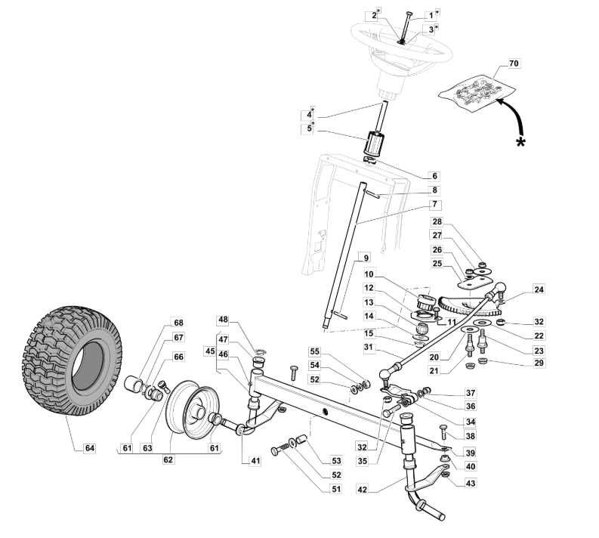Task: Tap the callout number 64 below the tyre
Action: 90,448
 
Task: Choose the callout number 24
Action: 517,289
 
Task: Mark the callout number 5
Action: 308,129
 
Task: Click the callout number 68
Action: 179,323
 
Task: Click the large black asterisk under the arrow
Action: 520,144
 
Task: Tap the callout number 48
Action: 224,320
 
